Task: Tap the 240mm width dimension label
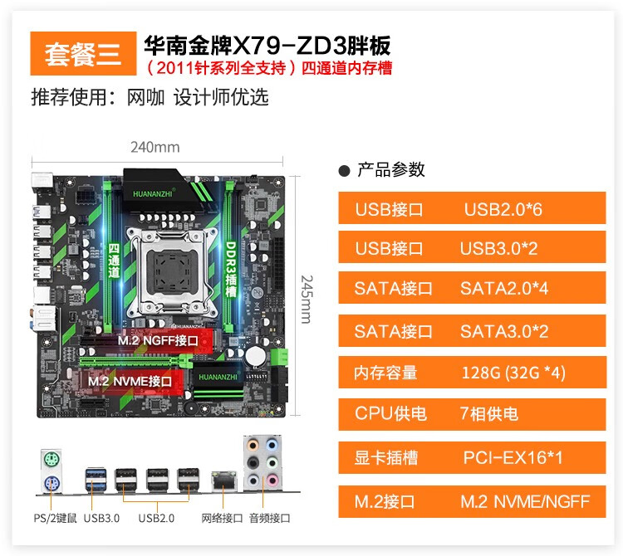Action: [155, 148]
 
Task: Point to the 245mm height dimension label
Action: [306, 299]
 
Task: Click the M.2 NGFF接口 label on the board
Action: [158, 339]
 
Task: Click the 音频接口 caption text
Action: [271, 519]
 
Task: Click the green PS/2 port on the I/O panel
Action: [49, 459]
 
